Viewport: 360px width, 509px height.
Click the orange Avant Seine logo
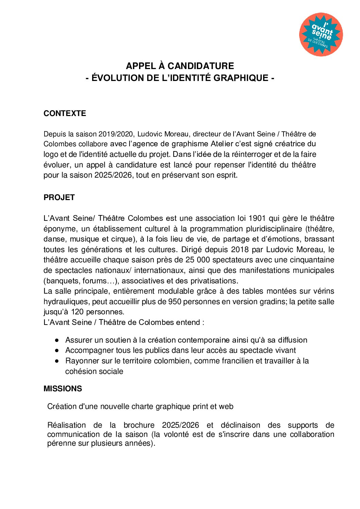point(321,34)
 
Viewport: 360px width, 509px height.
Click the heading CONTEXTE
point(65,113)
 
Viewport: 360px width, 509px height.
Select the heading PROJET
point(59,197)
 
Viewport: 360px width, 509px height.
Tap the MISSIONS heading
point(63,389)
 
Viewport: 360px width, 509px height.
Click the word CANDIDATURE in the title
point(201,66)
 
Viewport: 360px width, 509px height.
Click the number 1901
point(257,218)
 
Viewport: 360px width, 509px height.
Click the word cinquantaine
point(312,260)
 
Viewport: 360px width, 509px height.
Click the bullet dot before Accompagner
point(57,350)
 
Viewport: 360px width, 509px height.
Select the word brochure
point(139,425)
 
